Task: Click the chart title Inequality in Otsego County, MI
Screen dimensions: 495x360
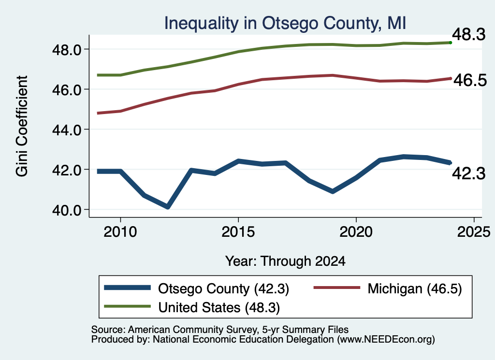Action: pos(285,24)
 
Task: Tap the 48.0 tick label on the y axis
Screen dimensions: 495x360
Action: pos(67,50)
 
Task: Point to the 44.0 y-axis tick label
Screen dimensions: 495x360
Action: pos(67,130)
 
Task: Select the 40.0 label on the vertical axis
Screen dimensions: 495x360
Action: pos(67,210)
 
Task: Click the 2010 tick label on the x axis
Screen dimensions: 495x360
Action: pos(120,232)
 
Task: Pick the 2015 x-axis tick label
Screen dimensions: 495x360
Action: pos(238,232)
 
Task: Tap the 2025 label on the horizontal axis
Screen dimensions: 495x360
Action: pos(474,232)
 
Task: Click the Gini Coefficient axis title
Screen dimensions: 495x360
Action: pos(22,126)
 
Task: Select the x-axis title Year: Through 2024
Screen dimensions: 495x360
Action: pos(285,261)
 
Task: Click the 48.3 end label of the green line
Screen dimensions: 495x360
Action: pos(469,34)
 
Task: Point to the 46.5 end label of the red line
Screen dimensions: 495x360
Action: pos(470,80)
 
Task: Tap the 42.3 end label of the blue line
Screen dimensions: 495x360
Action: pos(469,173)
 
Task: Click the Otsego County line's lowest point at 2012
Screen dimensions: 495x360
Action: pos(168,207)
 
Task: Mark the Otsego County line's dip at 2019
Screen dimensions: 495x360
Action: pos(333,191)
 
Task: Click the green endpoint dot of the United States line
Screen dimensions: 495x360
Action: pos(451,43)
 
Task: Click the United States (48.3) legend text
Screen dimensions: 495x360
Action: pos(219,307)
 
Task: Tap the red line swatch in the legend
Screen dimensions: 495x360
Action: pos(337,288)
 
